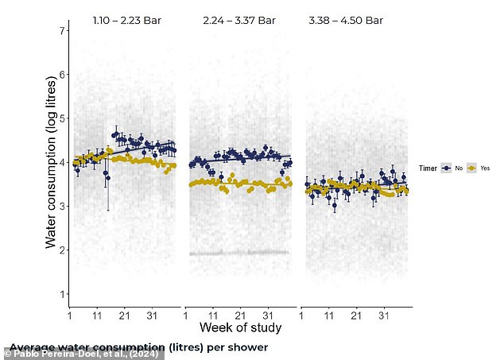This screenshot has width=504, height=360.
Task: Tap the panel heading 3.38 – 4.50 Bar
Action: (346, 21)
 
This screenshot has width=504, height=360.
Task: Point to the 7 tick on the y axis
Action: (60, 30)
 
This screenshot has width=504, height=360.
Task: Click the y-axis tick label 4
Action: (60, 162)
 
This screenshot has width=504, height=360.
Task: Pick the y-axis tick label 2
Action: (60, 250)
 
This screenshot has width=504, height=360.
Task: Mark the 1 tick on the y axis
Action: (60, 294)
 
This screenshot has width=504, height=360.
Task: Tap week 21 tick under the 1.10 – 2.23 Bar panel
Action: (124, 315)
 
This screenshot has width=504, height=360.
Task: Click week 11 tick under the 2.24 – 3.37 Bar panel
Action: (213, 315)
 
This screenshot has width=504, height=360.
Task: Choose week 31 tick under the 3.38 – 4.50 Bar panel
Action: (383, 315)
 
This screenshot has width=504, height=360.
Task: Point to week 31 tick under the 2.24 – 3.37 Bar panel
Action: (267, 315)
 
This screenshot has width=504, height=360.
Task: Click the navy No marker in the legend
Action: (448, 168)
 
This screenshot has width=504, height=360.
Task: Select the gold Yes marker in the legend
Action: (471, 168)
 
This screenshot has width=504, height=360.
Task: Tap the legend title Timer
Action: (429, 168)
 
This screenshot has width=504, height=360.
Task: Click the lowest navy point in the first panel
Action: (107, 177)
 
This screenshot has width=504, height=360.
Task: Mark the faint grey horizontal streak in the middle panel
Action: (238, 253)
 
